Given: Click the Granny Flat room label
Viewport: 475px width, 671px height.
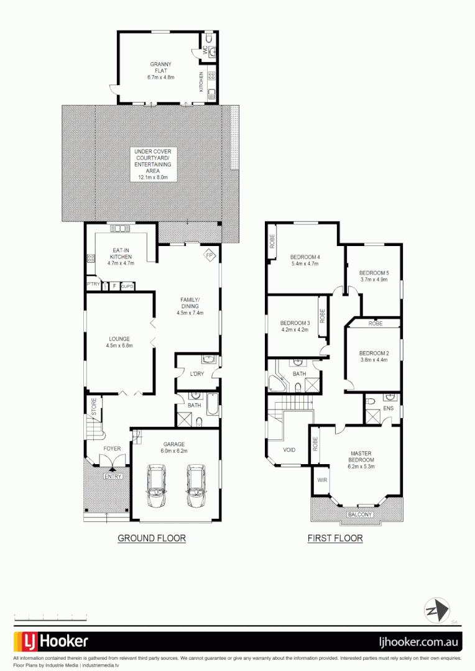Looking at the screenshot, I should [161, 67].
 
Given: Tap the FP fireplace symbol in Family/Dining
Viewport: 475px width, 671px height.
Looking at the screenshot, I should [210, 255].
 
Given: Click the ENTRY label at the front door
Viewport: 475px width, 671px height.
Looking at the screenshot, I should [113, 477].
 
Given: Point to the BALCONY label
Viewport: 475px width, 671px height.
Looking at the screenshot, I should [359, 514].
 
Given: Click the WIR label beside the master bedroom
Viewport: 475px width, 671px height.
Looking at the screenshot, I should [321, 480].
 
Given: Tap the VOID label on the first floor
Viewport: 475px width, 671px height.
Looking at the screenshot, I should [289, 450].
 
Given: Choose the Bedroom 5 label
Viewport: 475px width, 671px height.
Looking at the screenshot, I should [374, 273].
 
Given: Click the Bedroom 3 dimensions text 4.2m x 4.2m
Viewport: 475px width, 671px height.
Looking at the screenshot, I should [295, 331].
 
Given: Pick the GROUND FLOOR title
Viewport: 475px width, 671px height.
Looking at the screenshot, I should [152, 538].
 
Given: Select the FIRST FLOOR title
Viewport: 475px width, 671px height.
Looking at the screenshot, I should [335, 539].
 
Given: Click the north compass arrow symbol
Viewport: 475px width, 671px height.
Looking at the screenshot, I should [436, 609].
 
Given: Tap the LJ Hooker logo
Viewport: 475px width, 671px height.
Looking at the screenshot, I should [51, 641].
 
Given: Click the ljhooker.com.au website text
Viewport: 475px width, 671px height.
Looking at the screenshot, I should [420, 641].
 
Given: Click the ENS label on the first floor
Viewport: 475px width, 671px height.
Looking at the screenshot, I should [388, 408].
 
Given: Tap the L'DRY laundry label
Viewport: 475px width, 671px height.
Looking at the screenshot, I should [196, 373].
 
